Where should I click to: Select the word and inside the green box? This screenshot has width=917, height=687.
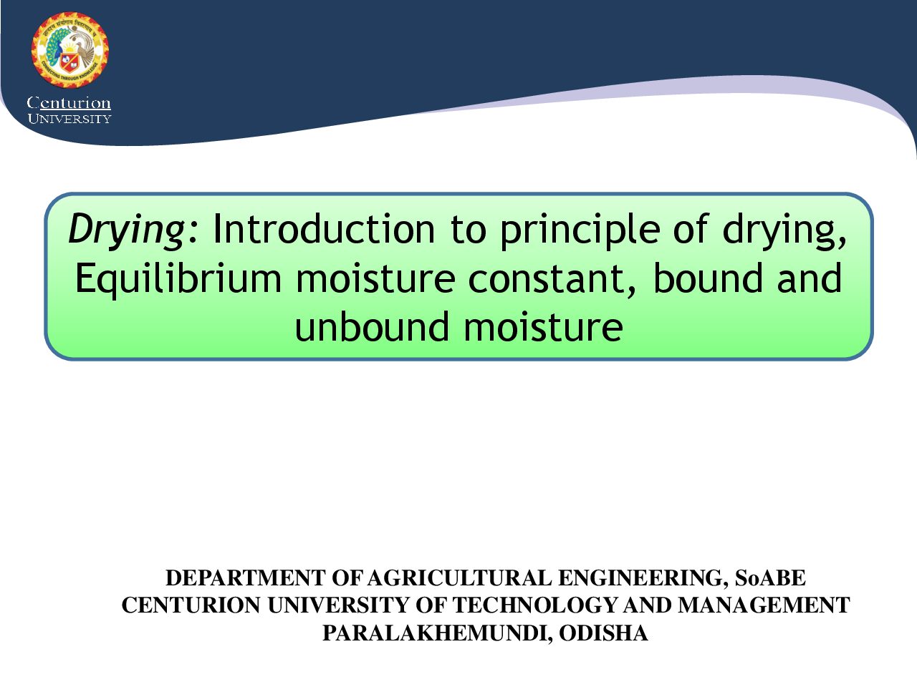810,278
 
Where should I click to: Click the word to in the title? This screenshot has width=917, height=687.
468,230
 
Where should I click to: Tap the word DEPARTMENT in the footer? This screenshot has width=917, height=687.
246,578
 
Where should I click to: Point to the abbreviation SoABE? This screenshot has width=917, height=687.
770,578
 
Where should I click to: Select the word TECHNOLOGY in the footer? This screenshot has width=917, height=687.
535,605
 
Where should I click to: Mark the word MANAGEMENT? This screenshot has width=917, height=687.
764,605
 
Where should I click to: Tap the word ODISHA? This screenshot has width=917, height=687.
603,633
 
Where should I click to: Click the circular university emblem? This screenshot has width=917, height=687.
69,49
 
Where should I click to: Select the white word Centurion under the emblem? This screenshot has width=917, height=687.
69,102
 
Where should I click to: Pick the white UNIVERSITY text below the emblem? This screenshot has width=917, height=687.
69,119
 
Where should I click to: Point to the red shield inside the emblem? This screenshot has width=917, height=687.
69,62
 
